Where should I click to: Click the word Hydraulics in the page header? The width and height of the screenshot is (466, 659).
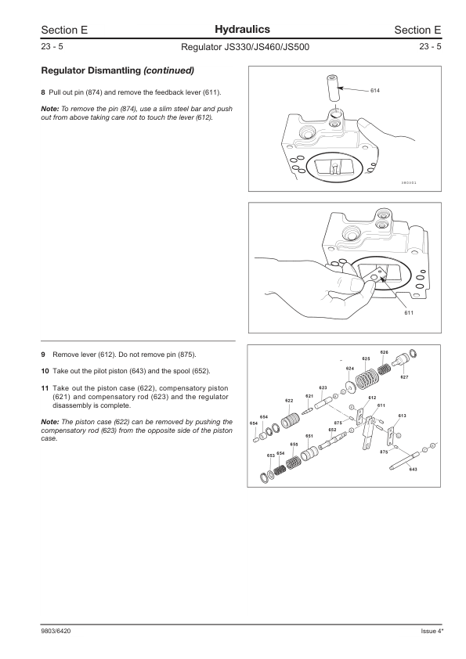(242, 30)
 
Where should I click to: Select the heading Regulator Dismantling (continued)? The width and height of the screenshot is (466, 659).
(117, 70)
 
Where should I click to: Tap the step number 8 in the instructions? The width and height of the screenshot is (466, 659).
(43, 92)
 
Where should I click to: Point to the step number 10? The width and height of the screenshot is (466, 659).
(45, 371)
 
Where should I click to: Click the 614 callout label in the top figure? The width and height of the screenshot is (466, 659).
(374, 90)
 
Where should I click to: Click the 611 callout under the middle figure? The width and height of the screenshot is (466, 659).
(409, 312)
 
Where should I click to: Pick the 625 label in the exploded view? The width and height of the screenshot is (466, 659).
(366, 358)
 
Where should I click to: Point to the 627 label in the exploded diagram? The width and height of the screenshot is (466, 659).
(404, 377)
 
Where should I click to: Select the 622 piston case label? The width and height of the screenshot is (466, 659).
(289, 401)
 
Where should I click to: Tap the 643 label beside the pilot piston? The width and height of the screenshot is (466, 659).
(413, 469)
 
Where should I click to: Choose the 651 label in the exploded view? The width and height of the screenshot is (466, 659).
(309, 436)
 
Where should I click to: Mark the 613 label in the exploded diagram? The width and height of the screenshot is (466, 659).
(402, 416)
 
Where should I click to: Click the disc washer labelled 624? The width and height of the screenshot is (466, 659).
(349, 387)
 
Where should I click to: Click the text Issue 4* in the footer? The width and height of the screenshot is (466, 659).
(432, 631)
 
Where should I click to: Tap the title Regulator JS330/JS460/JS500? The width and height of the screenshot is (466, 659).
(245, 47)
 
